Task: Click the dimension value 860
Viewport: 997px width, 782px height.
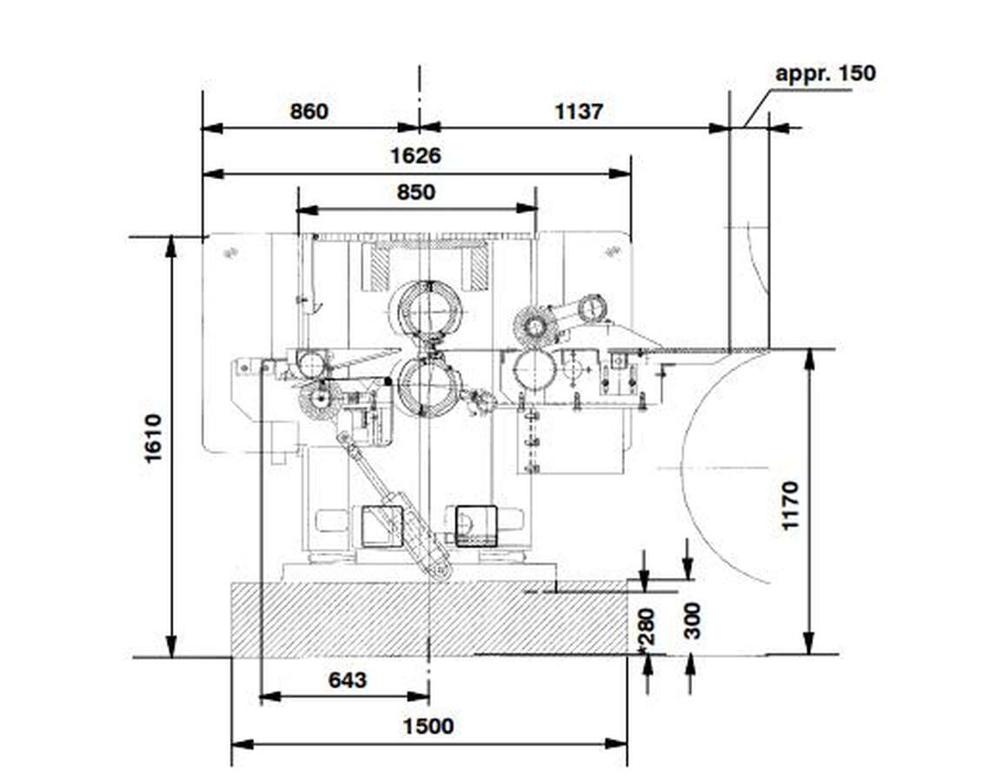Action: click(x=309, y=111)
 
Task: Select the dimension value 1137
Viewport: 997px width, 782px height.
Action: click(x=579, y=111)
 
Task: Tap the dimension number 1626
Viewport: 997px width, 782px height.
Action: click(x=415, y=156)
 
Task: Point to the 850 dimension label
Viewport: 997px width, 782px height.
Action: click(x=415, y=192)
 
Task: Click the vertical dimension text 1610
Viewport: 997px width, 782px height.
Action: click(x=153, y=438)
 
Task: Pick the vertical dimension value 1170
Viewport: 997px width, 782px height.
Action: click(x=790, y=506)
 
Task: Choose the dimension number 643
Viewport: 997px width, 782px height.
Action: click(x=347, y=680)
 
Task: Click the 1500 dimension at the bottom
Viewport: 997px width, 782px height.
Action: click(x=429, y=726)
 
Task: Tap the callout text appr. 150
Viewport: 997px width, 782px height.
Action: click(x=825, y=74)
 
